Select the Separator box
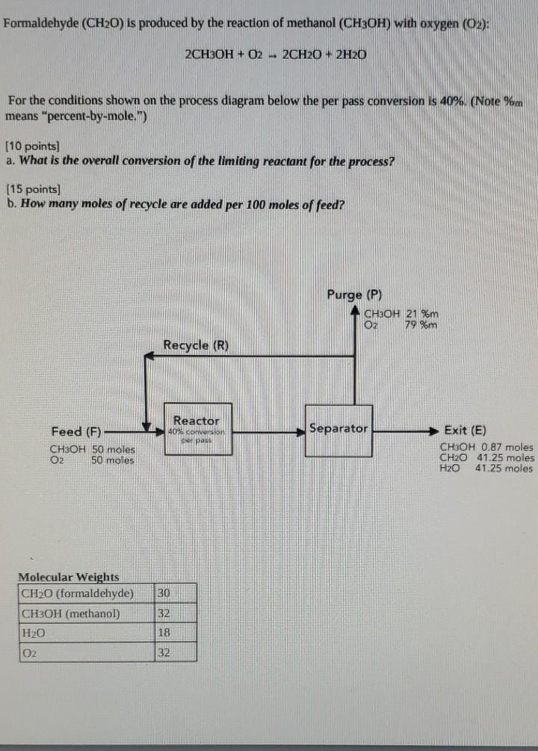338,429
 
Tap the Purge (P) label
355,294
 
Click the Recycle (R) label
196,345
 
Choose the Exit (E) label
465,430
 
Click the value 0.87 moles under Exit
507,447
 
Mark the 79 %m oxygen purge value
420,324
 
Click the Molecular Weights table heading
68,577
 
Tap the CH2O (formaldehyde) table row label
78,593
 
